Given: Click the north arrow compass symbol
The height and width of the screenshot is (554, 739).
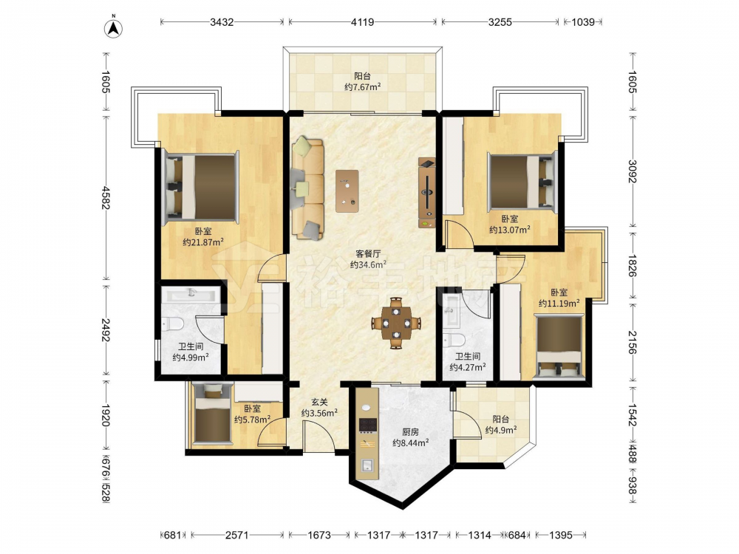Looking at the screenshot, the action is tap(113, 27).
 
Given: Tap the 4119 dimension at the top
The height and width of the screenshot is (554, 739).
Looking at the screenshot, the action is tap(362, 21).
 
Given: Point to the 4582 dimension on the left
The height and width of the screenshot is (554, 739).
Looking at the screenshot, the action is tap(106, 198).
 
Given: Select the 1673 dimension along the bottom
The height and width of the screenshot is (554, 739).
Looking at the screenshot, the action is tap(319, 535).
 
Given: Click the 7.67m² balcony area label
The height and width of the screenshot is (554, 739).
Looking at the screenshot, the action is tap(362, 87).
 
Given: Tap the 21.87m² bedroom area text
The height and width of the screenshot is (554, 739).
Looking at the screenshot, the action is tap(203, 242).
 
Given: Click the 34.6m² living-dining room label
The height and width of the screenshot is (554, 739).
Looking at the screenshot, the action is tap(368, 264).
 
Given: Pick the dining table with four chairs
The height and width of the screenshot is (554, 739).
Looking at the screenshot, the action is tap(396, 324).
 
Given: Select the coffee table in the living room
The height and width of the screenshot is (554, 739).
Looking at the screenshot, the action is tap(347, 191).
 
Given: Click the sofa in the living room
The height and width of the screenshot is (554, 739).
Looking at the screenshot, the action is tap(308, 188).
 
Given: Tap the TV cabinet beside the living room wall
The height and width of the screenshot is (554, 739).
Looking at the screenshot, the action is tap(427, 193).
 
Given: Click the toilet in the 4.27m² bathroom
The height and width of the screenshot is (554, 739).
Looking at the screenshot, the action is tap(454, 339).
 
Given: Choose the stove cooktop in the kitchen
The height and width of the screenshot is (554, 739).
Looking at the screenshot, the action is tap(368, 425).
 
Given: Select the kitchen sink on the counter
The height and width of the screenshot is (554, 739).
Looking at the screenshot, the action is tap(367, 465).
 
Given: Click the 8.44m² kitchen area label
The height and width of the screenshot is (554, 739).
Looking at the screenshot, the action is tap(410, 442).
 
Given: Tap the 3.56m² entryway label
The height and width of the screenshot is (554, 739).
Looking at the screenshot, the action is tap(319, 413).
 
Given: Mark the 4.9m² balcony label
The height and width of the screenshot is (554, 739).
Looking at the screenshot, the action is tap(501, 430).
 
